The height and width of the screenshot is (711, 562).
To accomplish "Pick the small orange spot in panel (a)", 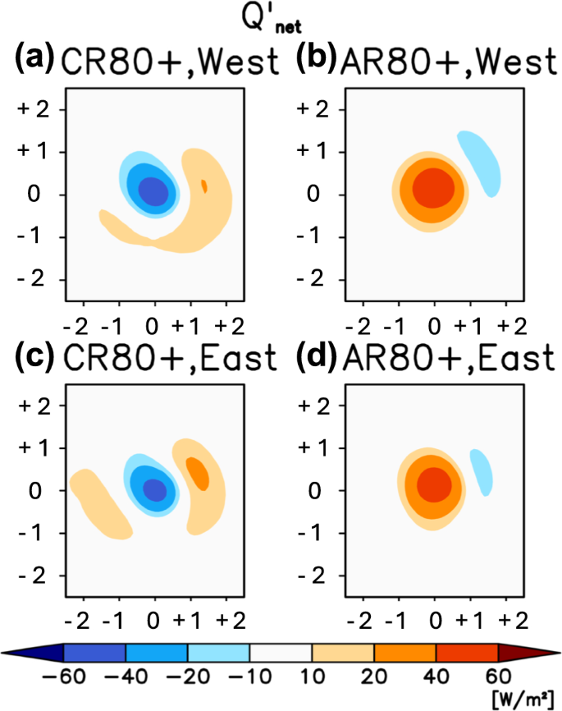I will point(203,186).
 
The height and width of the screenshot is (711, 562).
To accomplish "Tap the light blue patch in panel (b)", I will point(477,163).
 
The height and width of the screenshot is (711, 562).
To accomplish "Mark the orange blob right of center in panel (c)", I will point(198,471).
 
